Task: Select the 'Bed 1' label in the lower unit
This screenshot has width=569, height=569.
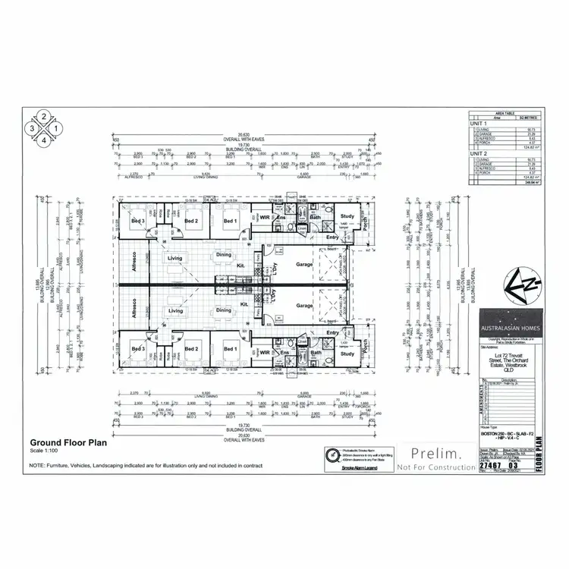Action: [230, 350]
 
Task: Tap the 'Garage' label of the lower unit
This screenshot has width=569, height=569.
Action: [305, 306]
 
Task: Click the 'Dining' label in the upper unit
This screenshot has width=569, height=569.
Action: [223, 255]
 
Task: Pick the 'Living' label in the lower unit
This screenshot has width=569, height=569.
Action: [176, 311]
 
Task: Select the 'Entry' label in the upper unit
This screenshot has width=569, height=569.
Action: [333, 237]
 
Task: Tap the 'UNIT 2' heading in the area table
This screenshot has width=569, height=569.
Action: [479, 152]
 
